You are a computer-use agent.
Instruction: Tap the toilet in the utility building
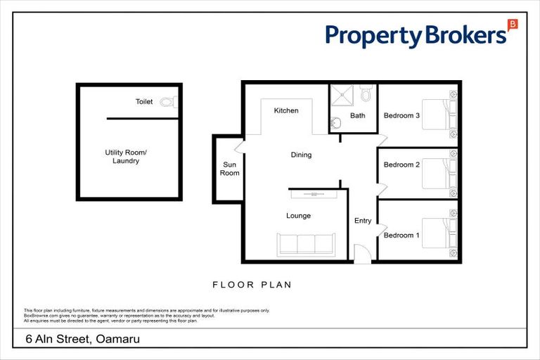pos(167,102)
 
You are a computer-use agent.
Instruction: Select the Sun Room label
pos(231,169)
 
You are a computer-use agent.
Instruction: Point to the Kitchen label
pos(286,110)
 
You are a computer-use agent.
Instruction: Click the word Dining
pos(301,155)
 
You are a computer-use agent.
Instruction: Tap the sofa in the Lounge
pos(305,244)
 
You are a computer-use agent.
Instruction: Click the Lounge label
pos(298,216)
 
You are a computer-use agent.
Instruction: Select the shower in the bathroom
pos(343,97)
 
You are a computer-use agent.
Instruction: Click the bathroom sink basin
pos(336,123)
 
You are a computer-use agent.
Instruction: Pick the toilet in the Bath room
pos(365,94)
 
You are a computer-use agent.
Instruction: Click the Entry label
pos(363,221)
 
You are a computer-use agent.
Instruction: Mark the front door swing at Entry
pos(361,254)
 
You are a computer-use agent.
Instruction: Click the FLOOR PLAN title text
pos(252,285)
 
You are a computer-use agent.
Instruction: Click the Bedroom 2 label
pos(401,165)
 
